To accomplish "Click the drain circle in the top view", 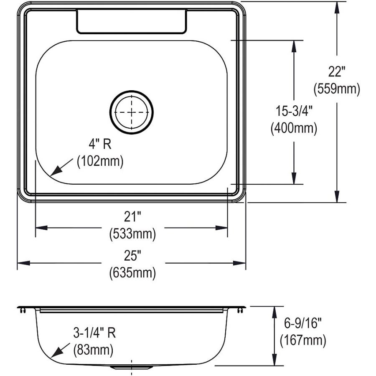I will [x=132, y=112].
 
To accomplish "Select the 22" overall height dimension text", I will [x=336, y=72].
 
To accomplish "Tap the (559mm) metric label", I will [x=336, y=89].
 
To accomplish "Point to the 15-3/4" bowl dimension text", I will [x=294, y=112].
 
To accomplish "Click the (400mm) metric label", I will [x=294, y=128].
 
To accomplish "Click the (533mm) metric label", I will [x=132, y=234].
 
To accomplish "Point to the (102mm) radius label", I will [x=100, y=161].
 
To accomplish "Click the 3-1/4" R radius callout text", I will [x=94, y=333].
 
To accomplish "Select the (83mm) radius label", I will [x=93, y=350].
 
